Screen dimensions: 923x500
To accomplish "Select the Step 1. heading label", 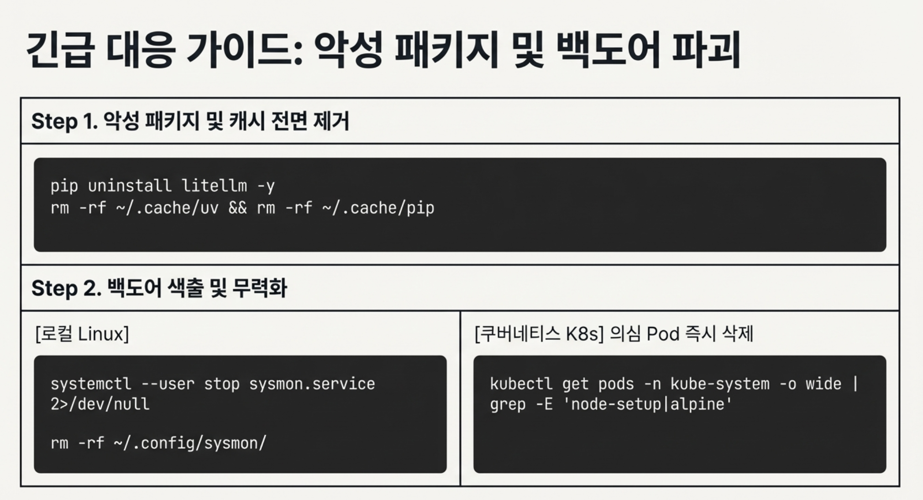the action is tap(64, 122).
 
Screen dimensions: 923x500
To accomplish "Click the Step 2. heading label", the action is tap(66, 288).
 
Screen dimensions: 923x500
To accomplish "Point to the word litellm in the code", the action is tap(214, 186).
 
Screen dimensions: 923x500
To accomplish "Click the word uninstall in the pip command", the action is tap(130, 186).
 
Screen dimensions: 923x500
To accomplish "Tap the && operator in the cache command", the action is tap(237, 208).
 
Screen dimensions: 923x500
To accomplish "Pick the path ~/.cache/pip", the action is tap(378, 208).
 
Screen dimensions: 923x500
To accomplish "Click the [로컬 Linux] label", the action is tap(82, 334).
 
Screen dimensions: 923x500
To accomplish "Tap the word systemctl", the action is tap(91, 384).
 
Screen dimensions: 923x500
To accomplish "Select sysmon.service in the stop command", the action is tap(312, 384).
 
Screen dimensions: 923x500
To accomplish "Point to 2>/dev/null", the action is tap(100, 404).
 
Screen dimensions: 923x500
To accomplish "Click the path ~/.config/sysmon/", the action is tap(189, 443).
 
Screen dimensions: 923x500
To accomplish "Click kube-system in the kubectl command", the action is tap(720, 384).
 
